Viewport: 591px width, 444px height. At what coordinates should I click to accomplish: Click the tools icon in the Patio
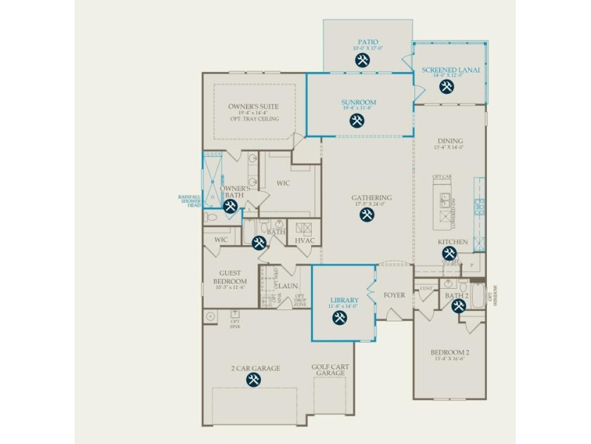click(363, 61)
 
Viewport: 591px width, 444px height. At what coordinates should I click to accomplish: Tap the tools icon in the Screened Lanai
click(446, 87)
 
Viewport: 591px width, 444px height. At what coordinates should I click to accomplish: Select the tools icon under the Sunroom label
click(357, 121)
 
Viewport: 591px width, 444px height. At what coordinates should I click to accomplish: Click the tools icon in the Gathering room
click(367, 215)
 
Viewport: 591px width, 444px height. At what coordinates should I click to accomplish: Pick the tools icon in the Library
click(339, 318)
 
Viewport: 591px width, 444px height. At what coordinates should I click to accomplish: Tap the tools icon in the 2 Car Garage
click(253, 380)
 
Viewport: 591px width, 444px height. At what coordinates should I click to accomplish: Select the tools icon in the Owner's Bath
click(230, 206)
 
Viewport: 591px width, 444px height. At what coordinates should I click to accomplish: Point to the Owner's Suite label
click(253, 107)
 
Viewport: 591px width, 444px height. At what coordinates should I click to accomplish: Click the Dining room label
click(449, 141)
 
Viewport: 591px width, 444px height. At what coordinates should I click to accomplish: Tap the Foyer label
click(394, 295)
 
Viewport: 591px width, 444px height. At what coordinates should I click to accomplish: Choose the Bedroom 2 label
click(450, 352)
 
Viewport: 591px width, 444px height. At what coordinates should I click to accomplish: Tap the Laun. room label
click(287, 285)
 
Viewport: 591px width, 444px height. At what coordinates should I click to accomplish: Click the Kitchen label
click(452, 242)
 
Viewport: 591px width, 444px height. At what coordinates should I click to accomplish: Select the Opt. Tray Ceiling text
click(253, 119)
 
